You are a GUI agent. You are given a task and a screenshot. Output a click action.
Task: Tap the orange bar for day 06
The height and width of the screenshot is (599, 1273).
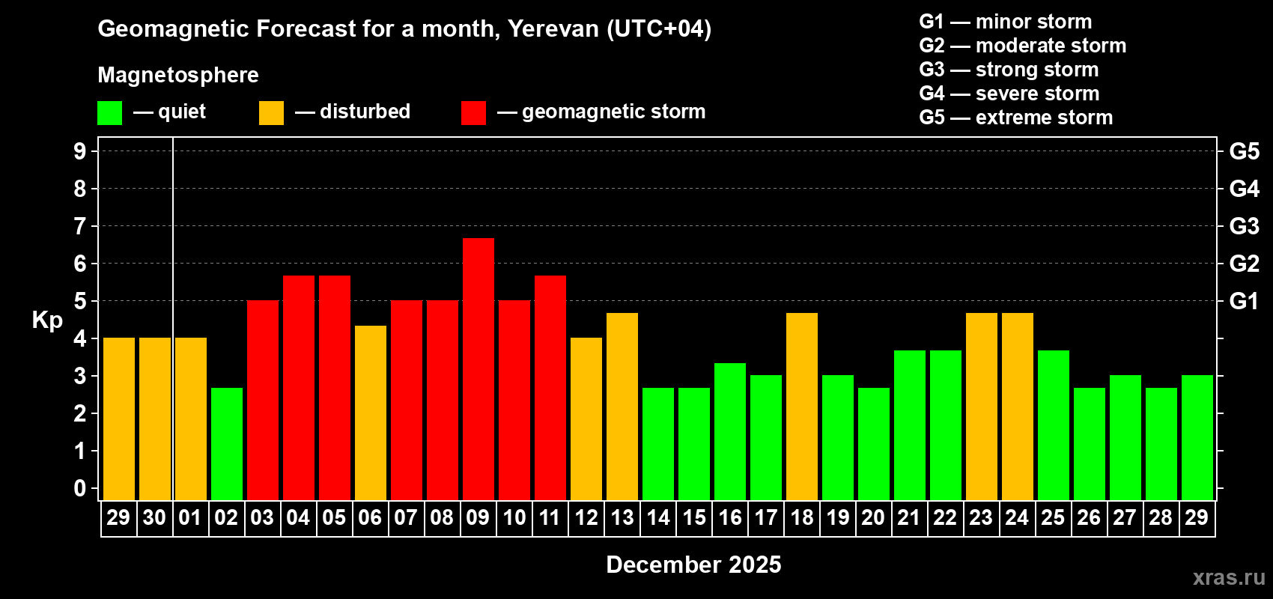[371, 413]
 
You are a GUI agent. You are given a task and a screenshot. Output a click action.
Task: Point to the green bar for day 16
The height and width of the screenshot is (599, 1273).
[730, 431]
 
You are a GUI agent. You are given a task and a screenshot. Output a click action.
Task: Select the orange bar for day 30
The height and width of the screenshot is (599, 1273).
[155, 419]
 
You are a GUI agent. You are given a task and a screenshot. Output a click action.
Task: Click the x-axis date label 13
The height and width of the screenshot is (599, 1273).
[622, 517]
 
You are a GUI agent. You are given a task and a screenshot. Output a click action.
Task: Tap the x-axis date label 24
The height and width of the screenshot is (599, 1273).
[1017, 517]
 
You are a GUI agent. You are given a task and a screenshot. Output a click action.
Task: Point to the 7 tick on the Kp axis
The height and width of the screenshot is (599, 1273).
[80, 226]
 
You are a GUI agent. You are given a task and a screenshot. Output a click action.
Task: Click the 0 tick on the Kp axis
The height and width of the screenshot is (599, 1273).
[80, 488]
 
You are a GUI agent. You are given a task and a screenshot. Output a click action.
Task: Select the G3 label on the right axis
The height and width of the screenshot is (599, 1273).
[1244, 226]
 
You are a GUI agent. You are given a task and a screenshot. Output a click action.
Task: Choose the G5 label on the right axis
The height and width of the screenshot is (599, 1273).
[1244, 151]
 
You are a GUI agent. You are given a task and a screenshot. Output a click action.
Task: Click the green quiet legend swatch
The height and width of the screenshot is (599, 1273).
[110, 113]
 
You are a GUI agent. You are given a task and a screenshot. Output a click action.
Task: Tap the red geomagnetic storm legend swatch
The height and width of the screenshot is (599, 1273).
[473, 113]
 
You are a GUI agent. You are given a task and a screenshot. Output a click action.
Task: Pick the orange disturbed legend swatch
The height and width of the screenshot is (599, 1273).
[271, 113]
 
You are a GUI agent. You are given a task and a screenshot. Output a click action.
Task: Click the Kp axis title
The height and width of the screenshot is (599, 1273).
[47, 320]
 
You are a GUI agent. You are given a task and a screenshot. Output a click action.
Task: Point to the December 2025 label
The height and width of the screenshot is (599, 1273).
[693, 565]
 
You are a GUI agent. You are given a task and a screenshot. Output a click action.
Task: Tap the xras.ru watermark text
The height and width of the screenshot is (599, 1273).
[1229, 577]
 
